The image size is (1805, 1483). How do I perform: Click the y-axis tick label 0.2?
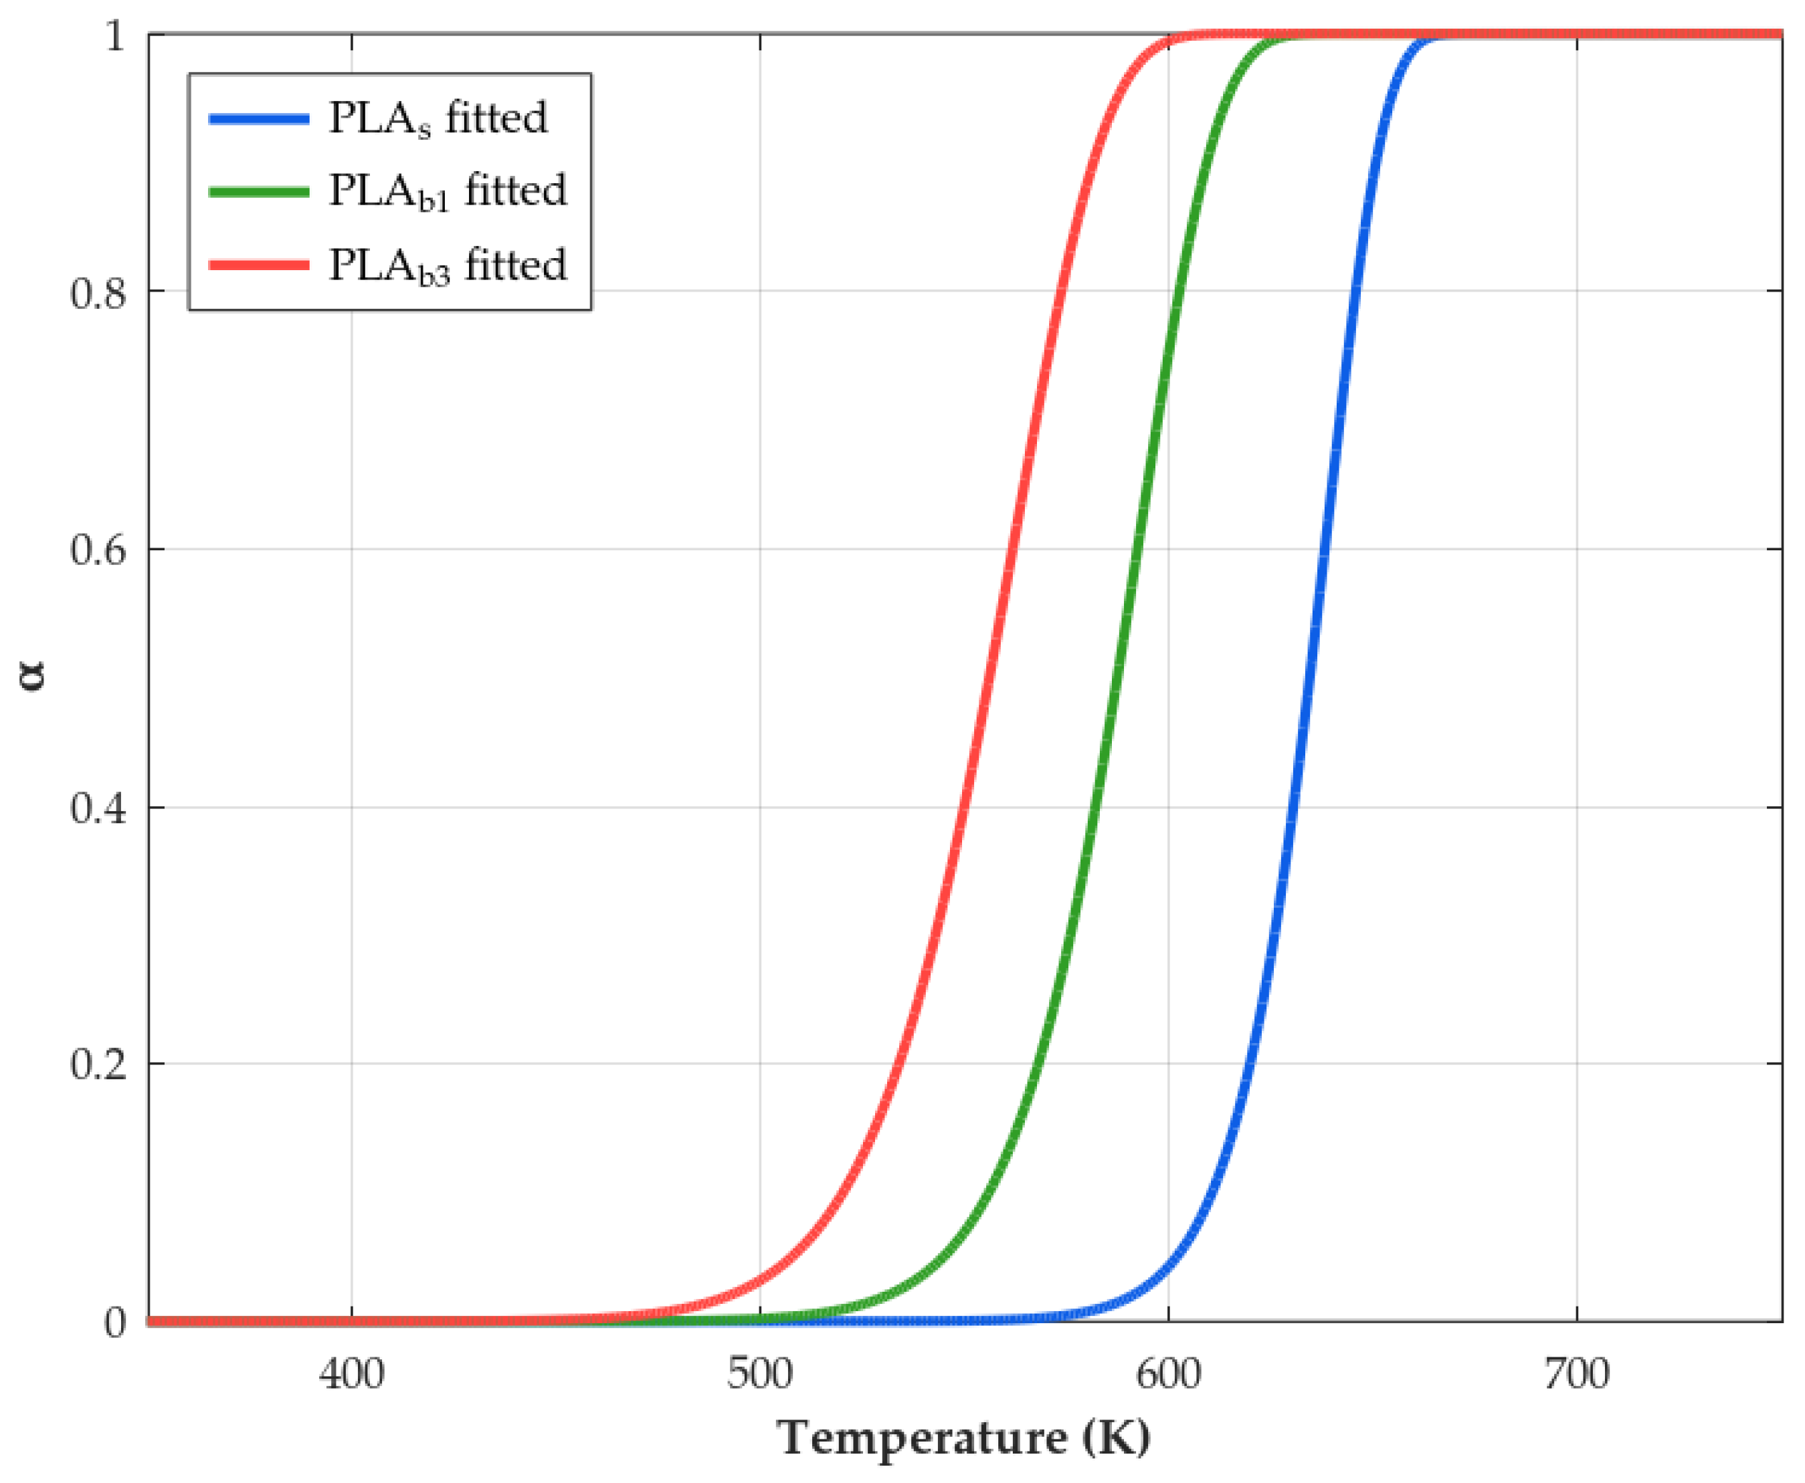point(98,1064)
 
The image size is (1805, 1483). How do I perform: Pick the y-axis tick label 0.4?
point(98,807)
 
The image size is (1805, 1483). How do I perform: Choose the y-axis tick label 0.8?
point(98,292)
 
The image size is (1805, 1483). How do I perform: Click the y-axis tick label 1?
point(114,36)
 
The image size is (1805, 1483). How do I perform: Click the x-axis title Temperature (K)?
point(963,1439)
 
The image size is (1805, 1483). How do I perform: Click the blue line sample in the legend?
point(259,119)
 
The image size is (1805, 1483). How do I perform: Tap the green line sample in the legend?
point(259,192)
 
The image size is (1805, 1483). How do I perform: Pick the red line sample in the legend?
point(259,265)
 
